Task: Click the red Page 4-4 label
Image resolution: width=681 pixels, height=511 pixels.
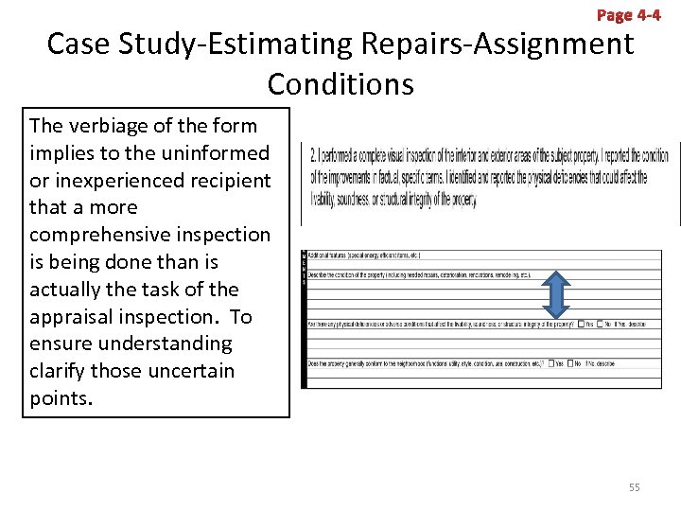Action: pyautogui.click(x=629, y=15)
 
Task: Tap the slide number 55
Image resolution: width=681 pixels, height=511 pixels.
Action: pyautogui.click(x=635, y=487)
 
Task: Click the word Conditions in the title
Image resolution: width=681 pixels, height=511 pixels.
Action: pyautogui.click(x=340, y=84)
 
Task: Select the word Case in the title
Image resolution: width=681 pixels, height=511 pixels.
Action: pyautogui.click(x=80, y=44)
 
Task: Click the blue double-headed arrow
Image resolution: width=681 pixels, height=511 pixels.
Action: pyautogui.click(x=557, y=293)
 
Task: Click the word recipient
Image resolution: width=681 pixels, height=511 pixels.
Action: pyautogui.click(x=229, y=180)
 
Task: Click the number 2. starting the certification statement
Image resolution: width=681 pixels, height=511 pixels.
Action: pyautogui.click(x=314, y=155)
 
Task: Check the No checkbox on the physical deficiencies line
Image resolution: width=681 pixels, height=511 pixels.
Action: pyautogui.click(x=600, y=325)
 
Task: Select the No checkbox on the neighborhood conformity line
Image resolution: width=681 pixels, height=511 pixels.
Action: pyautogui.click(x=571, y=363)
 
